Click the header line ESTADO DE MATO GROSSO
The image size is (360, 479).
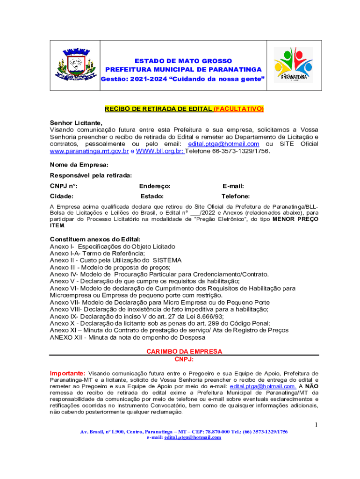(183, 61)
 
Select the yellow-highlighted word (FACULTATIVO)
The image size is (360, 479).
(238, 109)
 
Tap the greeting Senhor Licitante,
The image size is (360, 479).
(76, 122)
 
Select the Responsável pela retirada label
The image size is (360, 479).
(91, 175)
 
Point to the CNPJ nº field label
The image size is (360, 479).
(64, 186)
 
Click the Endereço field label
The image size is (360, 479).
(155, 186)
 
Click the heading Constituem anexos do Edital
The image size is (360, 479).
(95, 239)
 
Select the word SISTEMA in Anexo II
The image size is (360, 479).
(167, 260)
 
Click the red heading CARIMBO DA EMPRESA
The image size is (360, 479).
(184, 351)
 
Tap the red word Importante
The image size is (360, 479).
(67, 373)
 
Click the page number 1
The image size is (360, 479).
(316, 425)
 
